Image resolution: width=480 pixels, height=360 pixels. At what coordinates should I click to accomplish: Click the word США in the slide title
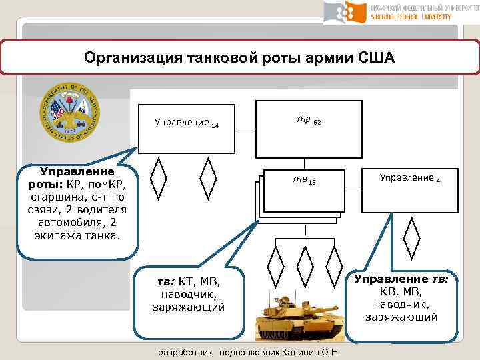[x=375, y=57]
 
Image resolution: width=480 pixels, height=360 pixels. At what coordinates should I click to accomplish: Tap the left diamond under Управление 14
[x=159, y=180]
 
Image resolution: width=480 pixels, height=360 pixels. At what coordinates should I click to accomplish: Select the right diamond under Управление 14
[x=209, y=180]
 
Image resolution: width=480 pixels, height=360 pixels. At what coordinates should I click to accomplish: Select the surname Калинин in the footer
[x=299, y=352]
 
